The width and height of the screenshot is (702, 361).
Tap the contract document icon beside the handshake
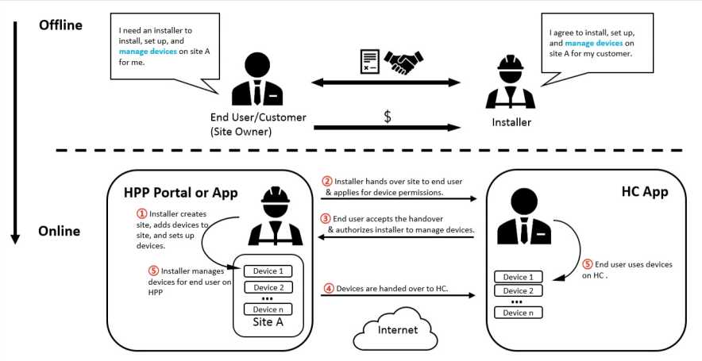pos(368,62)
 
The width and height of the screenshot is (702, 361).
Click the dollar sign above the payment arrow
pos(388,117)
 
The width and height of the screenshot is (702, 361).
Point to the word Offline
pos(60,25)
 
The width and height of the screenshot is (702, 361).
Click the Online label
pos(60,231)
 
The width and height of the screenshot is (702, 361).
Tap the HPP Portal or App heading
pos(180,192)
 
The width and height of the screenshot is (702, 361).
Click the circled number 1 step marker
pos(142,213)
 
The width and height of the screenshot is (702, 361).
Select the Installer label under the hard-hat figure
pos(511,122)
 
